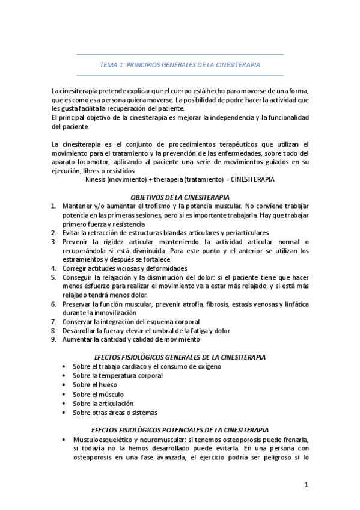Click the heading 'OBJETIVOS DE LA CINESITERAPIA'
(180, 197)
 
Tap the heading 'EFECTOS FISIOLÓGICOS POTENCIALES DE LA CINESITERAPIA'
(180, 431)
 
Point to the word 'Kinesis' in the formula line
(97, 180)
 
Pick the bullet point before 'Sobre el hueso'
(64, 385)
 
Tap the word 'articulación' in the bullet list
(115, 404)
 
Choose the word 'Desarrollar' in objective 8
(80, 331)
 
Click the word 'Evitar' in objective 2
(72, 233)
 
